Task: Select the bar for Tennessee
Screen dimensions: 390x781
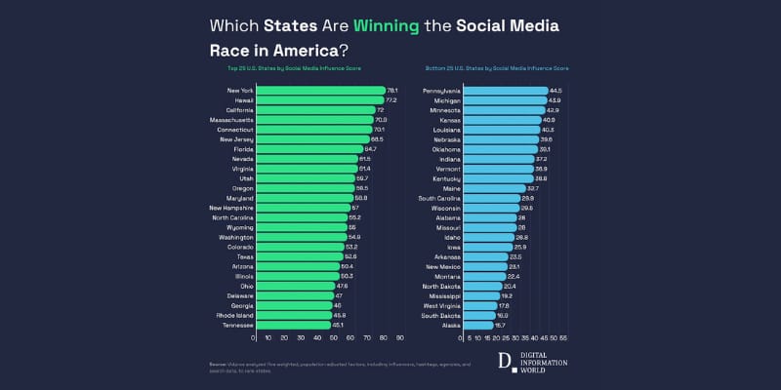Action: click(292, 325)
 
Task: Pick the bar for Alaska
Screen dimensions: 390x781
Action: click(477, 325)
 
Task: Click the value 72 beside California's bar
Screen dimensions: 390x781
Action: click(381, 110)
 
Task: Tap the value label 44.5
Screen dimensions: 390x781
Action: click(555, 91)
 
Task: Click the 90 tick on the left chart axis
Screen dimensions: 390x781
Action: click(400, 338)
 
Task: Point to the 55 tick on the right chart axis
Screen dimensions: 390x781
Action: click(563, 338)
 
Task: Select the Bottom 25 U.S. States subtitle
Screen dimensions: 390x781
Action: click(497, 68)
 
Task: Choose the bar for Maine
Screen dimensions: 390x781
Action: click(494, 188)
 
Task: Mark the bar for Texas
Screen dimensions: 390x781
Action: click(297, 256)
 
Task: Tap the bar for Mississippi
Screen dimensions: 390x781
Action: click(480, 295)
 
